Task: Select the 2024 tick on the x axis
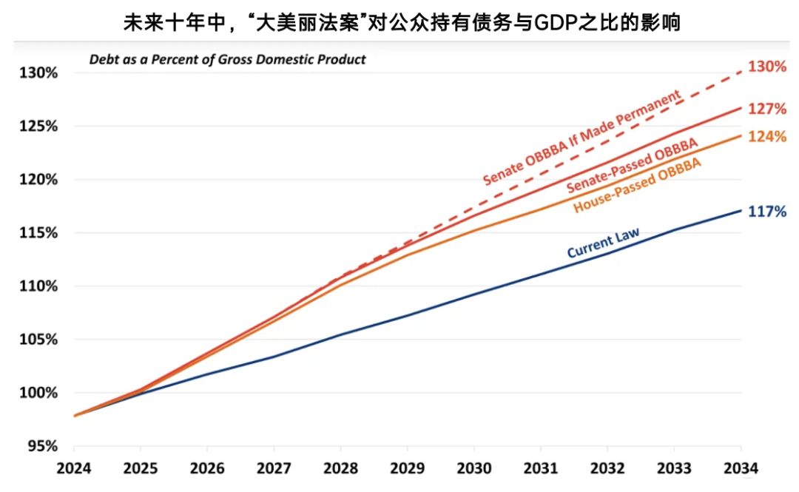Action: (x=73, y=469)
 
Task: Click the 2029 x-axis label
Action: (x=407, y=469)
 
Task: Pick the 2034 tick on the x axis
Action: (x=741, y=469)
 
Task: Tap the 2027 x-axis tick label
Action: (x=274, y=469)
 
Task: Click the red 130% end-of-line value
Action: (x=766, y=67)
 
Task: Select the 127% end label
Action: (x=766, y=109)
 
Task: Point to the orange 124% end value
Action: (x=766, y=137)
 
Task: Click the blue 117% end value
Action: (x=766, y=212)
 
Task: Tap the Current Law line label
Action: (x=603, y=243)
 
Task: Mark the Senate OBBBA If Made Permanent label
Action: (x=581, y=138)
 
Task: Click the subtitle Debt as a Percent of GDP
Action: (x=227, y=59)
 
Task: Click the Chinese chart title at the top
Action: (x=400, y=22)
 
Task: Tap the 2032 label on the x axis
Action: (x=607, y=469)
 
